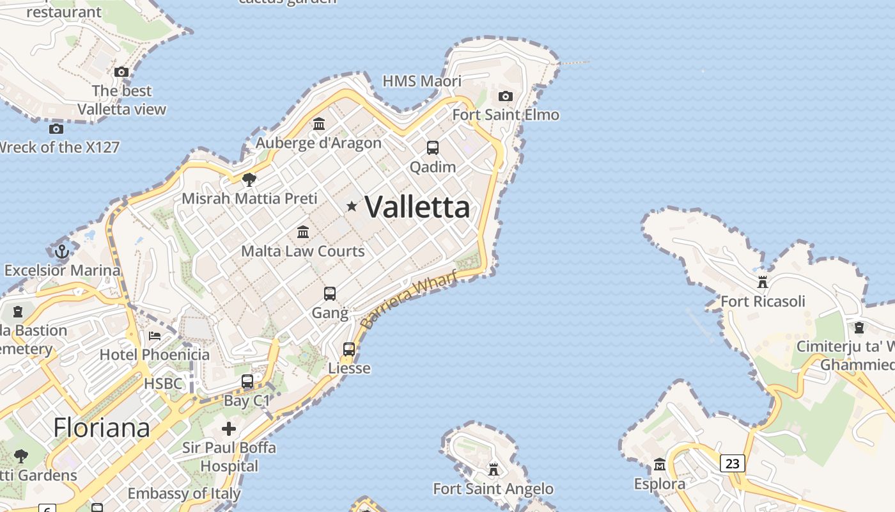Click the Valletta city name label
tap(417, 207)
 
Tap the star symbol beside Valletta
tap(352, 206)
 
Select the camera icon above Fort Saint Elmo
tap(506, 96)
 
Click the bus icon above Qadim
tap(433, 148)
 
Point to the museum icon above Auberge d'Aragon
tap(319, 124)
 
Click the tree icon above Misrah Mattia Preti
tap(249, 179)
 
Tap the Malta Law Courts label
tap(303, 251)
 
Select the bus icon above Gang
tap(330, 294)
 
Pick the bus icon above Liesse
tap(349, 349)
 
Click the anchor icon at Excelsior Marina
tap(62, 252)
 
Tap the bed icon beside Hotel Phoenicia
tap(155, 335)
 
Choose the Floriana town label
tap(102, 428)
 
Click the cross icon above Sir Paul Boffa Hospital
tap(229, 428)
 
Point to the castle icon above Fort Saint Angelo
tap(494, 470)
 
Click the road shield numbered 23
tap(733, 463)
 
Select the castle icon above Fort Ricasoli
tap(762, 282)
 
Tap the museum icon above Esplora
tap(660, 464)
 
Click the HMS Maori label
tap(422, 81)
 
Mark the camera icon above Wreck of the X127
tap(56, 129)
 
